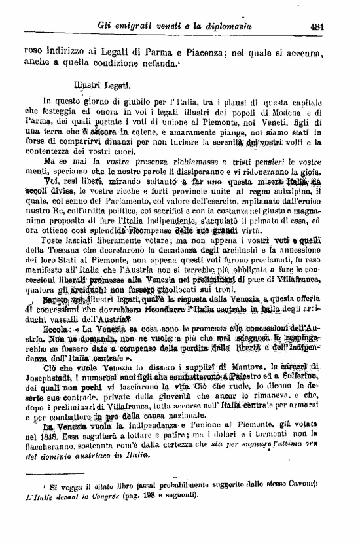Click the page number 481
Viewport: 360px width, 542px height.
point(318,27)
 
